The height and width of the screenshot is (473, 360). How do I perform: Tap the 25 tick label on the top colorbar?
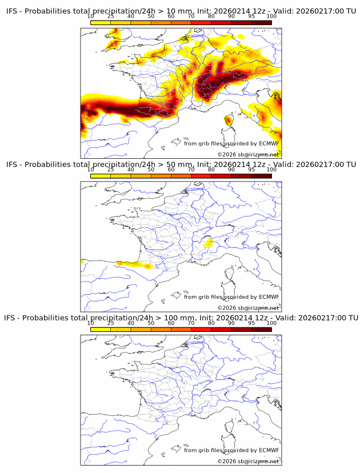point(111,17)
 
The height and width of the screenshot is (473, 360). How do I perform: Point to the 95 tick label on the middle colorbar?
point(251,170)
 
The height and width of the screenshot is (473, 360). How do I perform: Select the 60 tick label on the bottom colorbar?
point(171,323)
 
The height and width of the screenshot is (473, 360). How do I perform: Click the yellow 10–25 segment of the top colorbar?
point(101,22)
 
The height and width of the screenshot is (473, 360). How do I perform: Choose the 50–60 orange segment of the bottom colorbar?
point(161,329)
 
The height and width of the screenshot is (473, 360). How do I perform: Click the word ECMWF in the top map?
point(269,143)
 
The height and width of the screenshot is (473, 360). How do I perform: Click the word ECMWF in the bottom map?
point(269,450)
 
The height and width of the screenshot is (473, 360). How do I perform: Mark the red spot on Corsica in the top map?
point(229,120)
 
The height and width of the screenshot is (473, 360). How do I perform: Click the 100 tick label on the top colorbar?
point(271,17)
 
